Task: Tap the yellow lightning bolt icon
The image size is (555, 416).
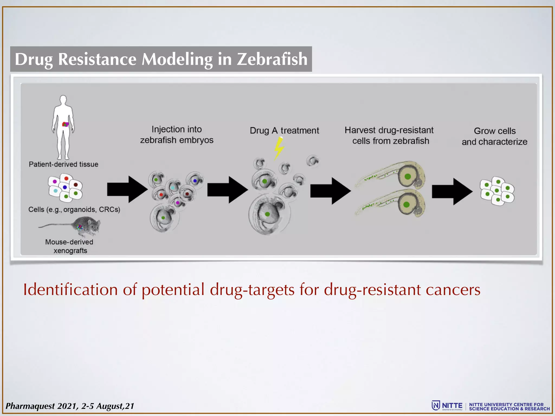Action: pyautogui.click(x=279, y=148)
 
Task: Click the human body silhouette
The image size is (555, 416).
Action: pyautogui.click(x=63, y=127)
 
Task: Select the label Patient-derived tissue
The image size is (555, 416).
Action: pyautogui.click(x=63, y=164)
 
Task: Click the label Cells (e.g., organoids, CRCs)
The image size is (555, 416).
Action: pyautogui.click(x=74, y=209)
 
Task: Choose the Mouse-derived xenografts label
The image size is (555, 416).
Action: pyautogui.click(x=70, y=246)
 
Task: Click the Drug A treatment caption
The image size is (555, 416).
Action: pyautogui.click(x=284, y=131)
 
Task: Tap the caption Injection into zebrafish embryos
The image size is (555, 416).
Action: pyautogui.click(x=177, y=135)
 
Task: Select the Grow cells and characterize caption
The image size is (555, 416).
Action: pyautogui.click(x=494, y=136)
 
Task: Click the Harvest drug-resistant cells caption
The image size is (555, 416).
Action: pyautogui.click(x=389, y=135)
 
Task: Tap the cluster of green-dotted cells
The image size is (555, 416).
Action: pyautogui.click(x=497, y=191)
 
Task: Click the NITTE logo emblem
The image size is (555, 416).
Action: pyautogui.click(x=435, y=405)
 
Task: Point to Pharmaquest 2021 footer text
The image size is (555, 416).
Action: pyautogui.click(x=70, y=406)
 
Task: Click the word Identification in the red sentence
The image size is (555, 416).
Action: pyautogui.click(x=70, y=290)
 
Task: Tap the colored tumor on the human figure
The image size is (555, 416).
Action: pyautogui.click(x=65, y=124)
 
